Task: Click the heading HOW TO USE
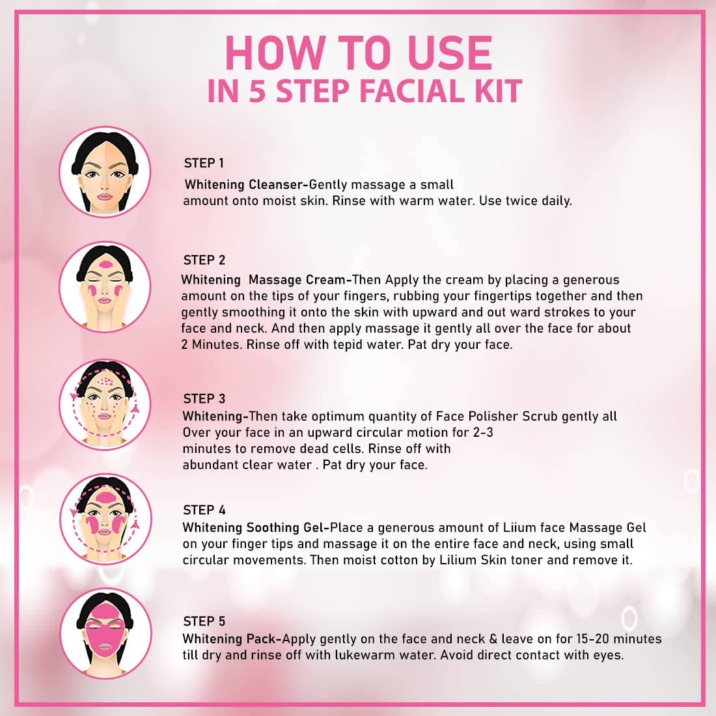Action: click(x=359, y=53)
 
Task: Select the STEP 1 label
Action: click(x=204, y=163)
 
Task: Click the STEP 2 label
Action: click(x=204, y=260)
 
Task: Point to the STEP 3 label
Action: click(x=204, y=398)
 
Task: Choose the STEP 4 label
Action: click(x=204, y=510)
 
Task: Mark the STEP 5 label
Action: click(x=204, y=621)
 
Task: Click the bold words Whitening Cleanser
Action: click(x=243, y=184)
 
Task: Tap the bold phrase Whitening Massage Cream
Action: click(x=264, y=279)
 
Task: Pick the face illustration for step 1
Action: click(x=105, y=172)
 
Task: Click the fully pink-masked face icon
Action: click(x=106, y=633)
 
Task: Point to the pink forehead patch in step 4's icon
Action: click(x=105, y=497)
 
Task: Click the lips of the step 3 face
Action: click(x=105, y=416)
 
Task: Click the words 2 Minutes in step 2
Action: click(x=212, y=344)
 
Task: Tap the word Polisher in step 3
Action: click(x=495, y=416)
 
